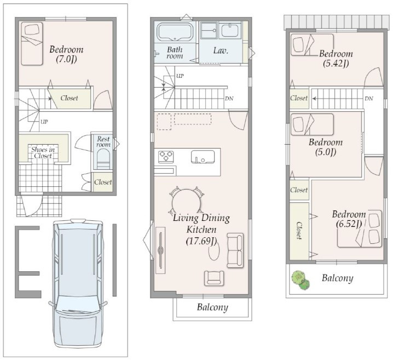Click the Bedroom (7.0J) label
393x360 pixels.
(66, 54)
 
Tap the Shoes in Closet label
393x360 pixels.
(43, 152)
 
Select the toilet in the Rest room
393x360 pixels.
(103, 159)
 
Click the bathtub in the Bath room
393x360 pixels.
(175, 32)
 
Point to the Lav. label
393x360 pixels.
(221, 50)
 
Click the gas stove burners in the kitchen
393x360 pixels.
(166, 156)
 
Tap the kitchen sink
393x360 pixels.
(203, 157)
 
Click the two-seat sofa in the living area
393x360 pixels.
(235, 250)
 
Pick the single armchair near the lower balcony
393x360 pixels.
(214, 278)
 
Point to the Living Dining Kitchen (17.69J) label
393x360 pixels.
(201, 229)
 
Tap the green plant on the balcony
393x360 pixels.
(300, 280)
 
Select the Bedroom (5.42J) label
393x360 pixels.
(336, 59)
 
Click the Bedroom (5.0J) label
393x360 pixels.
(326, 147)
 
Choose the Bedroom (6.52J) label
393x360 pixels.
(349, 219)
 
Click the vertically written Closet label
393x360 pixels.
(299, 230)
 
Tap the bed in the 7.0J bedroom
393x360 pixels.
(32, 44)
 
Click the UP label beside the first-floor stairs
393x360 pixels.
(44, 122)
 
